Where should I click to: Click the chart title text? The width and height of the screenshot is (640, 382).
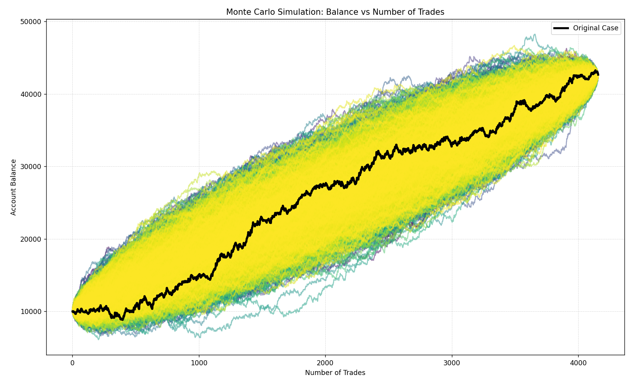click(x=335, y=12)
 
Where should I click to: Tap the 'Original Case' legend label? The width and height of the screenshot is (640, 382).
click(x=595, y=28)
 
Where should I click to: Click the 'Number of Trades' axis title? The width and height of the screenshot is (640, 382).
click(x=335, y=373)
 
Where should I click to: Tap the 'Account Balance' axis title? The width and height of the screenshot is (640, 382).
click(x=14, y=187)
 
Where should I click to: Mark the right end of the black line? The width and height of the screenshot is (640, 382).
click(x=598, y=74)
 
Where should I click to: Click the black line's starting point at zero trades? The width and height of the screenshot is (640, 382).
click(x=73, y=311)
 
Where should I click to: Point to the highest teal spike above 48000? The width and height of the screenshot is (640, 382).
click(x=535, y=35)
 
